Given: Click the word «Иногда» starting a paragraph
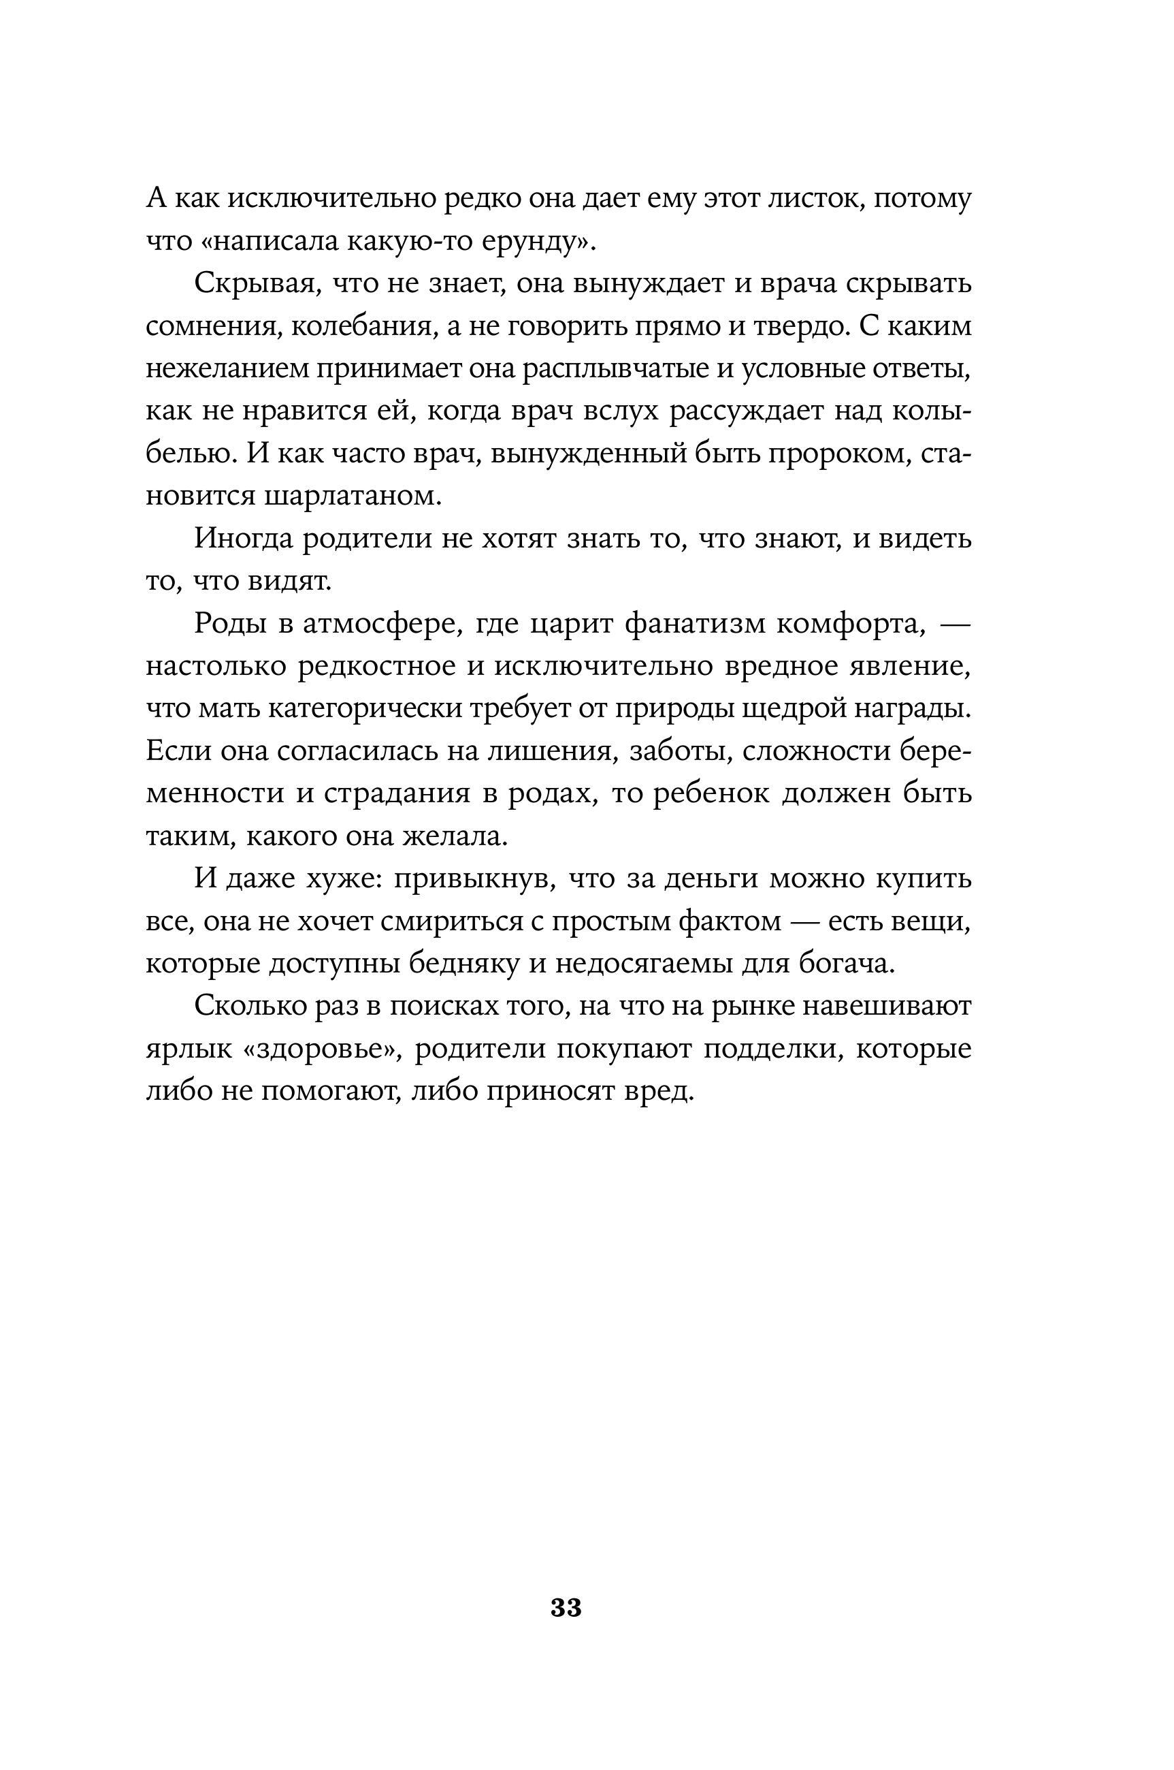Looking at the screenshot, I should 242,539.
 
